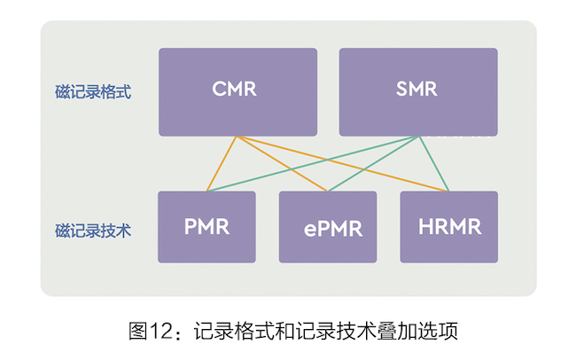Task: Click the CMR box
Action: point(237,92)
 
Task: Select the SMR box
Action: point(417,92)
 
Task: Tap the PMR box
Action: point(206,227)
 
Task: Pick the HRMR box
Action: point(448,227)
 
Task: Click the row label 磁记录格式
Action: point(92,92)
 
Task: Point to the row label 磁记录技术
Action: point(92,231)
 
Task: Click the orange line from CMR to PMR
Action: point(222,164)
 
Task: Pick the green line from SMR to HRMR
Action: point(434,164)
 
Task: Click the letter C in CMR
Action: point(219,90)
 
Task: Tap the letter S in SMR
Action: point(401,90)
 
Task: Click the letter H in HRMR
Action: point(426,226)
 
